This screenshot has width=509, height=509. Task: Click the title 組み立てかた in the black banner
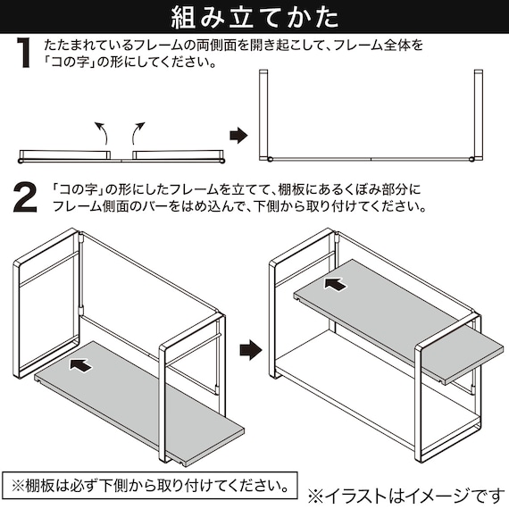point(254,17)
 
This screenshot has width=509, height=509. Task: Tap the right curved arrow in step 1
point(138,134)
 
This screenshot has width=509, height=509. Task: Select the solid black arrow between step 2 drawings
point(252,346)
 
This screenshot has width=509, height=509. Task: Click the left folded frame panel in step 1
point(68,155)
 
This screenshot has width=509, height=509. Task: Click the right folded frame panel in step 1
point(174,155)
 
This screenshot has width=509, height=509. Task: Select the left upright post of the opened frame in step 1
point(265,113)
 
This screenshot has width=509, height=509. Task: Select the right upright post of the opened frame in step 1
point(475,113)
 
